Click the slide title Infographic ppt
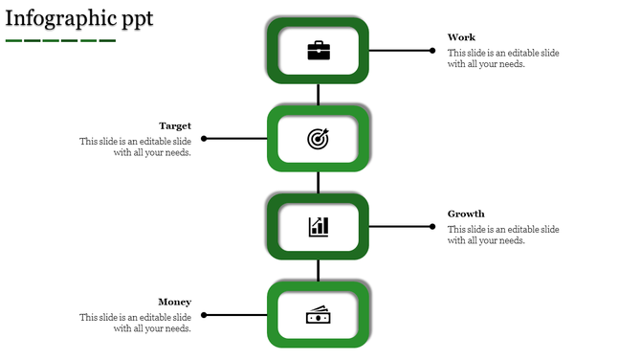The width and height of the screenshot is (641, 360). click(x=78, y=18)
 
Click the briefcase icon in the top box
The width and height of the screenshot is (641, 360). click(x=319, y=51)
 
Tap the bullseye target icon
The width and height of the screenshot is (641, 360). click(x=319, y=139)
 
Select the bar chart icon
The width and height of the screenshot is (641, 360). click(x=319, y=227)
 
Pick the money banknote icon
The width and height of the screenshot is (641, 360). click(x=319, y=315)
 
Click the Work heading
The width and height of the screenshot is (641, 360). click(x=461, y=37)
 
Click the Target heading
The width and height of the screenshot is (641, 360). click(x=175, y=125)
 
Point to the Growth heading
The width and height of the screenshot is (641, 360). click(x=466, y=214)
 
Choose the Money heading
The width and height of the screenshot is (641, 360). click(x=175, y=302)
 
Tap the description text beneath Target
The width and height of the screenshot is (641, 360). click(x=136, y=146)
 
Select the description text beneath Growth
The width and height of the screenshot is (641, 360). click(x=503, y=235)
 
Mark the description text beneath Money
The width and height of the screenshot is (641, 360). click(x=136, y=323)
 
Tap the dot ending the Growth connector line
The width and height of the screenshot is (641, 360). click(x=432, y=227)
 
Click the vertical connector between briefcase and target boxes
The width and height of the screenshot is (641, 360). click(x=319, y=94)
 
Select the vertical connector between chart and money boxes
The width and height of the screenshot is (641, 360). click(x=319, y=271)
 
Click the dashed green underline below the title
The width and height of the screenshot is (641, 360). click(x=60, y=40)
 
